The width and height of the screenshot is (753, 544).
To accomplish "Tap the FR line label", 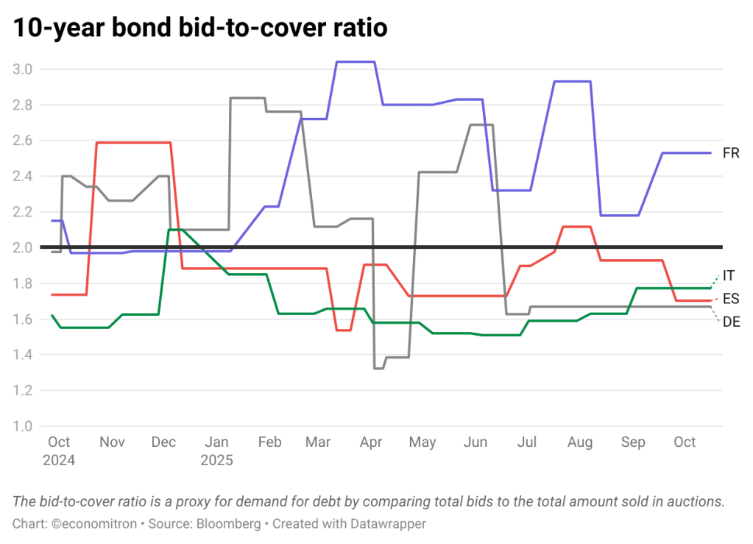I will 731,153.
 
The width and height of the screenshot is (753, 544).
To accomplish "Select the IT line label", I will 729,275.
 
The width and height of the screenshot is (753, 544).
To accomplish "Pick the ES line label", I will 731,300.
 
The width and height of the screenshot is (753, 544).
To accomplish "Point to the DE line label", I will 732,322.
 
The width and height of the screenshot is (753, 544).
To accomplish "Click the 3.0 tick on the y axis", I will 23,69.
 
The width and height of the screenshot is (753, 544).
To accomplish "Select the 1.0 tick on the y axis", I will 23,426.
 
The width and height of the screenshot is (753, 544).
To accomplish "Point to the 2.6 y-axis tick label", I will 23,141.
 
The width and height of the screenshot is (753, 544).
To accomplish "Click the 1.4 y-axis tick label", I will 23,355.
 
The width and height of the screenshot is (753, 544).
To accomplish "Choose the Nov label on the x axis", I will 112,442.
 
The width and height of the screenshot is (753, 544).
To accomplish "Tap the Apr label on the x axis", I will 372,442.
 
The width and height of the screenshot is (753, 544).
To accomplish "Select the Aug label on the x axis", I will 580,442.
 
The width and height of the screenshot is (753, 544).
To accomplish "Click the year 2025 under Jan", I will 217,461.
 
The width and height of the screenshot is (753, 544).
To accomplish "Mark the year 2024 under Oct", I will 59,461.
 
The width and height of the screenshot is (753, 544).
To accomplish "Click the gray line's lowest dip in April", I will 379,367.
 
